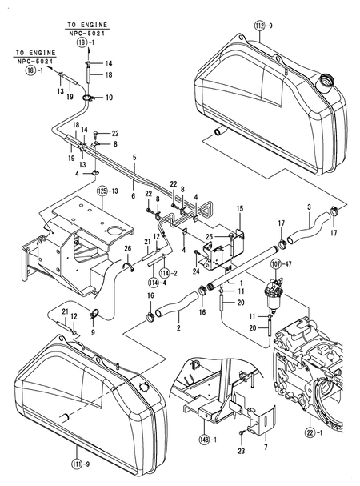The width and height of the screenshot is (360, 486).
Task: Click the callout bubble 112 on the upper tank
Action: coord(258,26)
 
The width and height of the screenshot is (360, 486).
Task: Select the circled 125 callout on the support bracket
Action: coord(102,191)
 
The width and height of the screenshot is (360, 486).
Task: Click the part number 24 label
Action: coord(196,271)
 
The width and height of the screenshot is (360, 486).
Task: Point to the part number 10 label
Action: coord(109,98)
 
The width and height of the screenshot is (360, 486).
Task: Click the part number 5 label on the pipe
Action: coord(135,157)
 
